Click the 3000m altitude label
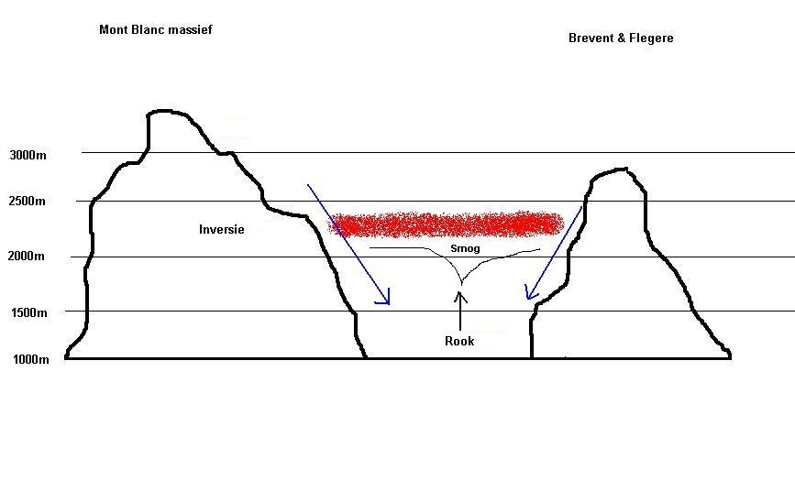click(x=28, y=155)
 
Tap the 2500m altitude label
click(x=27, y=202)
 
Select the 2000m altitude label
click(x=26, y=256)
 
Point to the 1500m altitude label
click(x=29, y=312)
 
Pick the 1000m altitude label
click(x=31, y=359)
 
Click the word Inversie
click(x=222, y=230)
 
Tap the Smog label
click(x=465, y=248)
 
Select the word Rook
click(x=459, y=341)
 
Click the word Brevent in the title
click(x=591, y=38)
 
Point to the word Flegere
click(x=651, y=38)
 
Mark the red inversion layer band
click(x=447, y=224)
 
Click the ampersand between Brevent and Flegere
click(x=621, y=38)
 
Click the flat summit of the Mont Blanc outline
click(x=166, y=111)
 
